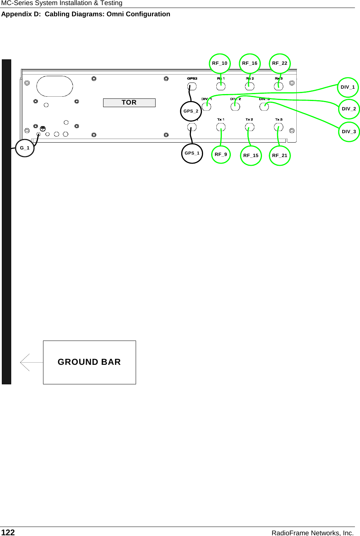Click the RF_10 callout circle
[220, 63]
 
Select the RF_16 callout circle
[250, 63]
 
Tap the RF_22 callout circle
[280, 63]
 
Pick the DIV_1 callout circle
[348, 87]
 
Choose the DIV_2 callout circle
[349, 109]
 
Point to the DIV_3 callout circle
[349, 132]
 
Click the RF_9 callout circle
[221, 155]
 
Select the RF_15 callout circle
[251, 156]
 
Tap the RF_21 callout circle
[280, 156]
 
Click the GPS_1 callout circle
[192, 153]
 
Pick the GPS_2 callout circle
[191, 111]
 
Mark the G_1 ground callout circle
[25, 148]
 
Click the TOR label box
[129, 103]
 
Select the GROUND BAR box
[89, 362]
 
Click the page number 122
[8, 532]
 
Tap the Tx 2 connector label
[249, 119]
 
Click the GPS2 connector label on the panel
[192, 79]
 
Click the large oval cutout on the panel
[55, 86]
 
